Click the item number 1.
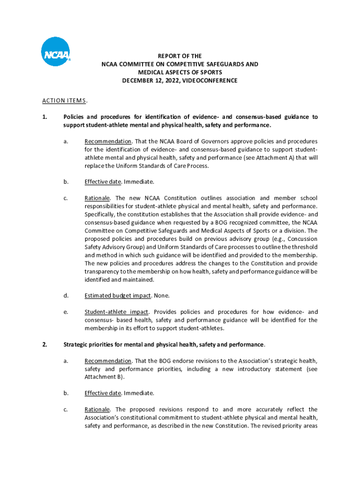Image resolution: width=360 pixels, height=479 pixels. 44,117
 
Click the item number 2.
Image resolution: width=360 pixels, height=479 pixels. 44,345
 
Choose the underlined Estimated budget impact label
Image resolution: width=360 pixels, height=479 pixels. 118,296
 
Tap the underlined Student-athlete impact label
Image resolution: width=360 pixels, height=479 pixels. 117,312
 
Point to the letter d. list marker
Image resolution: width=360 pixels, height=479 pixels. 66,296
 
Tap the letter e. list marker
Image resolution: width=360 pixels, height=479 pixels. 66,312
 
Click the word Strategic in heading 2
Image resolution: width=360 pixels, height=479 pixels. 77,345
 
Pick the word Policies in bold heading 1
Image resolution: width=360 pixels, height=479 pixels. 75,117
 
